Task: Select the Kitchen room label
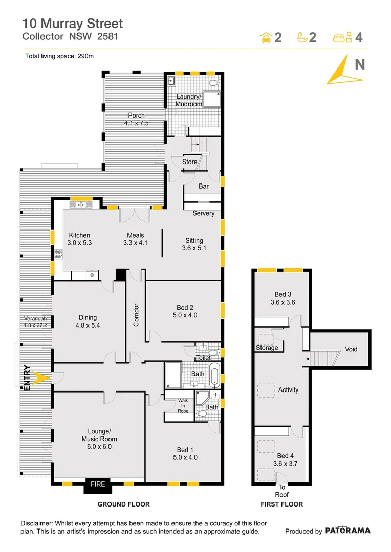click(x=79, y=235)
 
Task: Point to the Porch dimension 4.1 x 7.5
click(x=136, y=123)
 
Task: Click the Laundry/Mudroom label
click(x=189, y=100)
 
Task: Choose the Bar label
click(x=204, y=187)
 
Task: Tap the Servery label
click(x=203, y=213)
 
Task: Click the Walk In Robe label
click(x=183, y=406)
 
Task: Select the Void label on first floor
click(x=351, y=349)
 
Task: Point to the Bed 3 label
click(x=283, y=294)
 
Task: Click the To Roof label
click(x=281, y=491)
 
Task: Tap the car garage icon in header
click(x=266, y=37)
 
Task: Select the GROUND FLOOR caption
click(x=124, y=504)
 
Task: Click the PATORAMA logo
click(x=347, y=531)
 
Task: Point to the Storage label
click(x=267, y=348)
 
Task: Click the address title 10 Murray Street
click(x=72, y=23)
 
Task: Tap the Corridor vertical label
click(x=136, y=315)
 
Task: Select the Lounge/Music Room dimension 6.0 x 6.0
click(x=99, y=446)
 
